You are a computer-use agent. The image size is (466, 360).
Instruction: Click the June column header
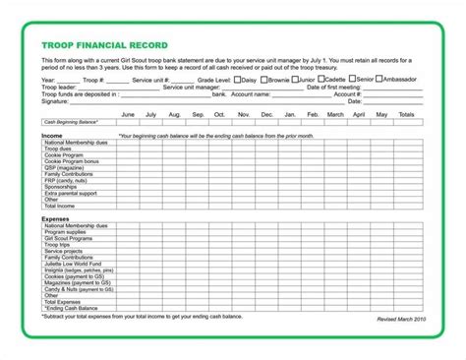pyautogui.click(x=128, y=114)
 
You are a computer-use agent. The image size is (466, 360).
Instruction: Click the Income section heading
pyautogui.click(x=54, y=135)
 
